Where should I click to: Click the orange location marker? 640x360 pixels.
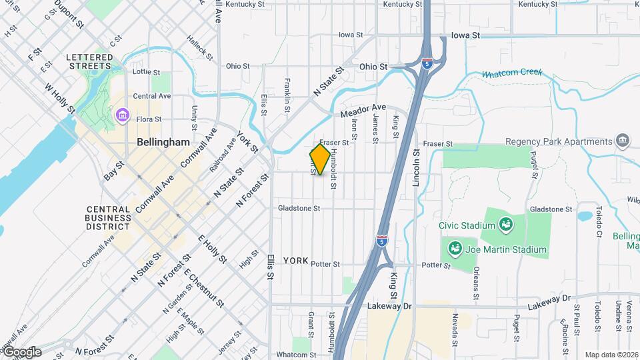pos(320,159)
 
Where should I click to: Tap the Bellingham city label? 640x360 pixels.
pos(163,142)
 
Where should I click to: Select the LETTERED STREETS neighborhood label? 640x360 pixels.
pos(89,62)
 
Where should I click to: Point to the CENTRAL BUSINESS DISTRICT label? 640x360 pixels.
pos(109,217)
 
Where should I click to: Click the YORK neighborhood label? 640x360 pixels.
pos(295,260)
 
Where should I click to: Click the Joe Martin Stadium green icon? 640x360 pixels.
pos(455,250)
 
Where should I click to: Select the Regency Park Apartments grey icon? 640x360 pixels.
pos(623,141)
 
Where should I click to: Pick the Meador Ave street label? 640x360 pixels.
pos(363,111)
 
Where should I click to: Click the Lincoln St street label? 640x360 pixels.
pos(417,167)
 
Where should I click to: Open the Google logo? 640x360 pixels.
pos(21,352)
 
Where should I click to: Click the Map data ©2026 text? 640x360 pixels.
pos(611,355)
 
